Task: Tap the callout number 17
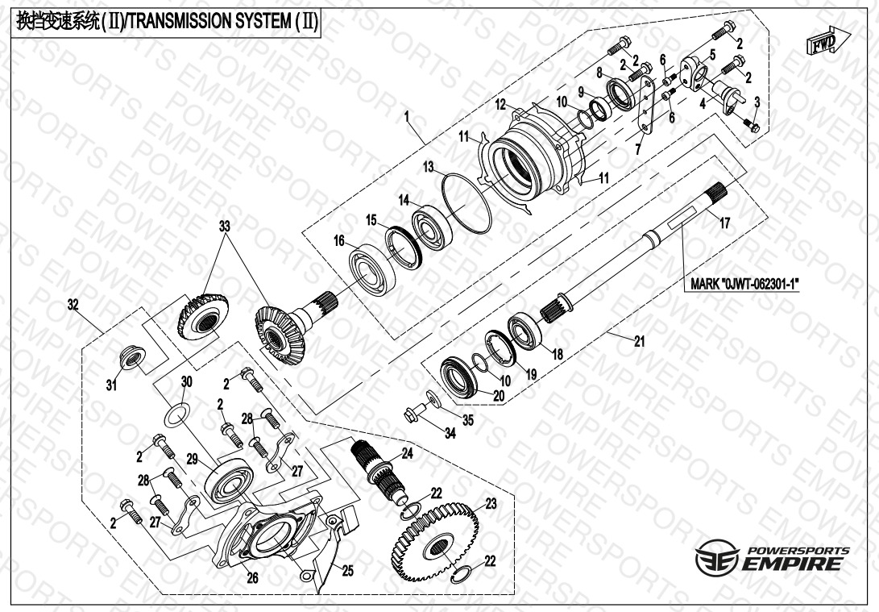(x=724, y=224)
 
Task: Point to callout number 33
(x=223, y=227)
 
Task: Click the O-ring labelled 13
(x=467, y=198)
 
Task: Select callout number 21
(x=639, y=342)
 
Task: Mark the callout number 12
(x=500, y=104)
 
